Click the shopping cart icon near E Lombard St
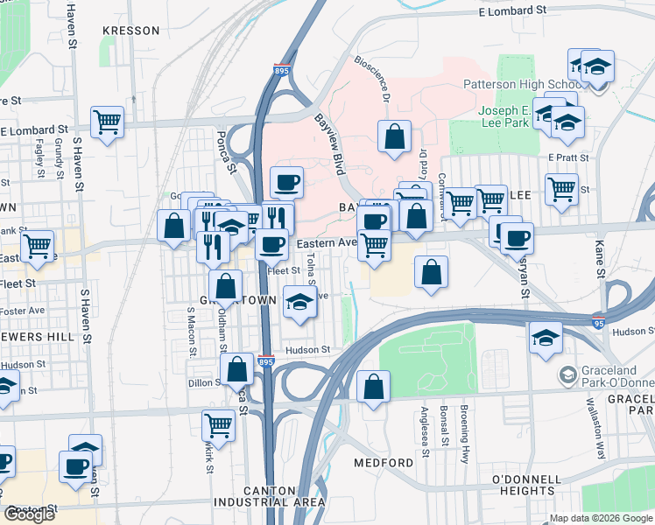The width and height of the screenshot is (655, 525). click(x=107, y=122)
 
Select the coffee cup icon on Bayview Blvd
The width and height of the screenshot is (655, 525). click(x=286, y=182)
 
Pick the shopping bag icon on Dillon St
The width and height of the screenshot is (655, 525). click(x=236, y=368)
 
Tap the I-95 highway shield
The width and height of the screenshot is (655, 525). click(x=598, y=322)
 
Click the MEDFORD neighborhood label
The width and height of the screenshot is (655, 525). click(x=384, y=462)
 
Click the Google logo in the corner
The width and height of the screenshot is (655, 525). click(x=29, y=514)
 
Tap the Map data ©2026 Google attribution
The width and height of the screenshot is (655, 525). click(x=602, y=518)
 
